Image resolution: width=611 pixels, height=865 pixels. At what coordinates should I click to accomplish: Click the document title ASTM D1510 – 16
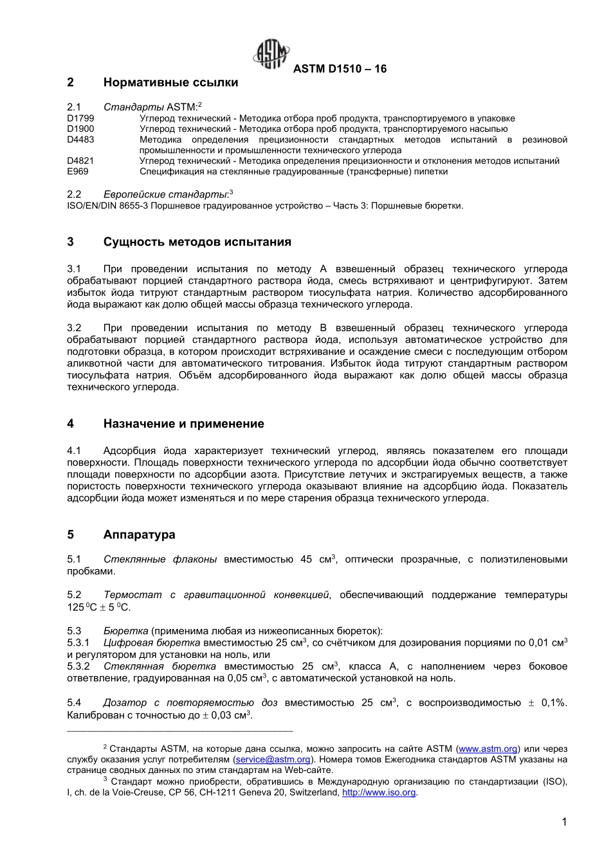pyautogui.click(x=340, y=69)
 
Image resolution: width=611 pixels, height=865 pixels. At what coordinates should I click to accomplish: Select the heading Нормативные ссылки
pyautogui.click(x=170, y=82)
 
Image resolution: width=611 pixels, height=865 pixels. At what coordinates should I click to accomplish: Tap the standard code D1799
pyautogui.click(x=80, y=118)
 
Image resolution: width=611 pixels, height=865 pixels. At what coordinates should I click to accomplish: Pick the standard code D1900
pyautogui.click(x=80, y=129)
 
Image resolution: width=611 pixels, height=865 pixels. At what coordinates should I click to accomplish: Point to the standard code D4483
pyautogui.click(x=80, y=140)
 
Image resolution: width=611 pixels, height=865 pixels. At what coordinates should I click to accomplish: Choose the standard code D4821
pyautogui.click(x=80, y=161)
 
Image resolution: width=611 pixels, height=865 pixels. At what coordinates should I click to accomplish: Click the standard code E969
pyautogui.click(x=78, y=172)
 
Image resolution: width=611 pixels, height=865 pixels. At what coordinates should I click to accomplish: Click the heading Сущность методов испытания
pyautogui.click(x=197, y=242)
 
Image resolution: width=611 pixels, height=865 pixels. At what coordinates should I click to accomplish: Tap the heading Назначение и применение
pyautogui.click(x=183, y=424)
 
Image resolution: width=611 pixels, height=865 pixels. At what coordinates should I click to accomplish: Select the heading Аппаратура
pyautogui.click(x=139, y=534)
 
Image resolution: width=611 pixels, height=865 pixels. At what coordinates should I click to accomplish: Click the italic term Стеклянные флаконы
pyautogui.click(x=160, y=560)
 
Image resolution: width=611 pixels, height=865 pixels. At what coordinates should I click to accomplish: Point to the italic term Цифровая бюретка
pyautogui.click(x=152, y=643)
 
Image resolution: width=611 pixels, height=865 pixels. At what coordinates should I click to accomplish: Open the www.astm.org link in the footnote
pyautogui.click(x=488, y=749)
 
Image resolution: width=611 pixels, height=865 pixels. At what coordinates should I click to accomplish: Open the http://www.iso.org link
pyautogui.click(x=379, y=793)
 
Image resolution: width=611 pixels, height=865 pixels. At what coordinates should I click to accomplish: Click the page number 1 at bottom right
pyautogui.click(x=564, y=822)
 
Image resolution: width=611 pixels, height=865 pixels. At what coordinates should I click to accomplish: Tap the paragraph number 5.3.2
pyautogui.click(x=78, y=666)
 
